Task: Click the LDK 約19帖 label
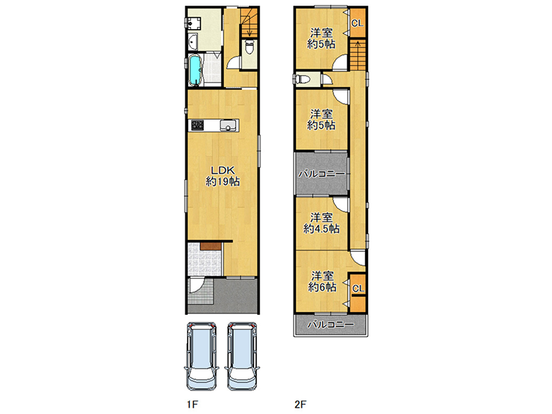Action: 222,176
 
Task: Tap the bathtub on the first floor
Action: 195,70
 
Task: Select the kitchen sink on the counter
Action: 227,125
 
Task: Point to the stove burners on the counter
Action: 197,125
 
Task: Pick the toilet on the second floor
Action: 303,79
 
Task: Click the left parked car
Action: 202,356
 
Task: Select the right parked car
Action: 242,356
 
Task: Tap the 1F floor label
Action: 192,405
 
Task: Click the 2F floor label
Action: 300,405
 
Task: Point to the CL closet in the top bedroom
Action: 357,23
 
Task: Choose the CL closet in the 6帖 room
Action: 358,289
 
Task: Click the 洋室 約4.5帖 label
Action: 321,223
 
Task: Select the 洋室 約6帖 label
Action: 322,281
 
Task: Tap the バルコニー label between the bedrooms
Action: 321,174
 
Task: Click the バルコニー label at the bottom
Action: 330,324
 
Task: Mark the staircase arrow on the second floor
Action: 357,54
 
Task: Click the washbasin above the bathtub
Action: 192,42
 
